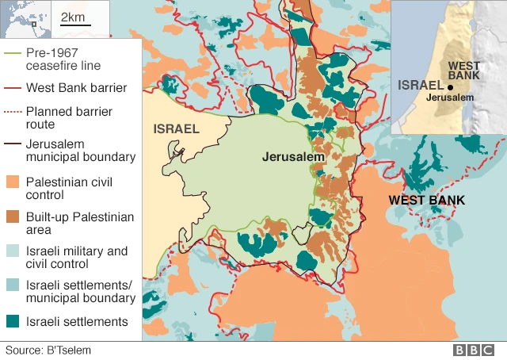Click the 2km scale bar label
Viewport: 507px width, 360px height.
click(71, 17)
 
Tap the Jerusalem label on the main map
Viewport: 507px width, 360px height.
click(294, 158)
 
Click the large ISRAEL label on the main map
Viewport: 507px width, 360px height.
click(176, 128)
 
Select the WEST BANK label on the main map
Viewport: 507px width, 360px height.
click(426, 200)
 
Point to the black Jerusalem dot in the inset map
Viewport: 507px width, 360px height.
click(450, 87)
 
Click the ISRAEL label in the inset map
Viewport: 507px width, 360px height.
click(421, 85)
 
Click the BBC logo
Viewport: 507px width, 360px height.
click(474, 350)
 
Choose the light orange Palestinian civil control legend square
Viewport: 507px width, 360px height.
click(13, 182)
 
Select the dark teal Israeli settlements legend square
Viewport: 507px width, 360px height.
click(13, 321)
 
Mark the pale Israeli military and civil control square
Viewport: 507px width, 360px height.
click(13, 251)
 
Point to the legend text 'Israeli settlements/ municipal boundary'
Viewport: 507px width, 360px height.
click(80, 291)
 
